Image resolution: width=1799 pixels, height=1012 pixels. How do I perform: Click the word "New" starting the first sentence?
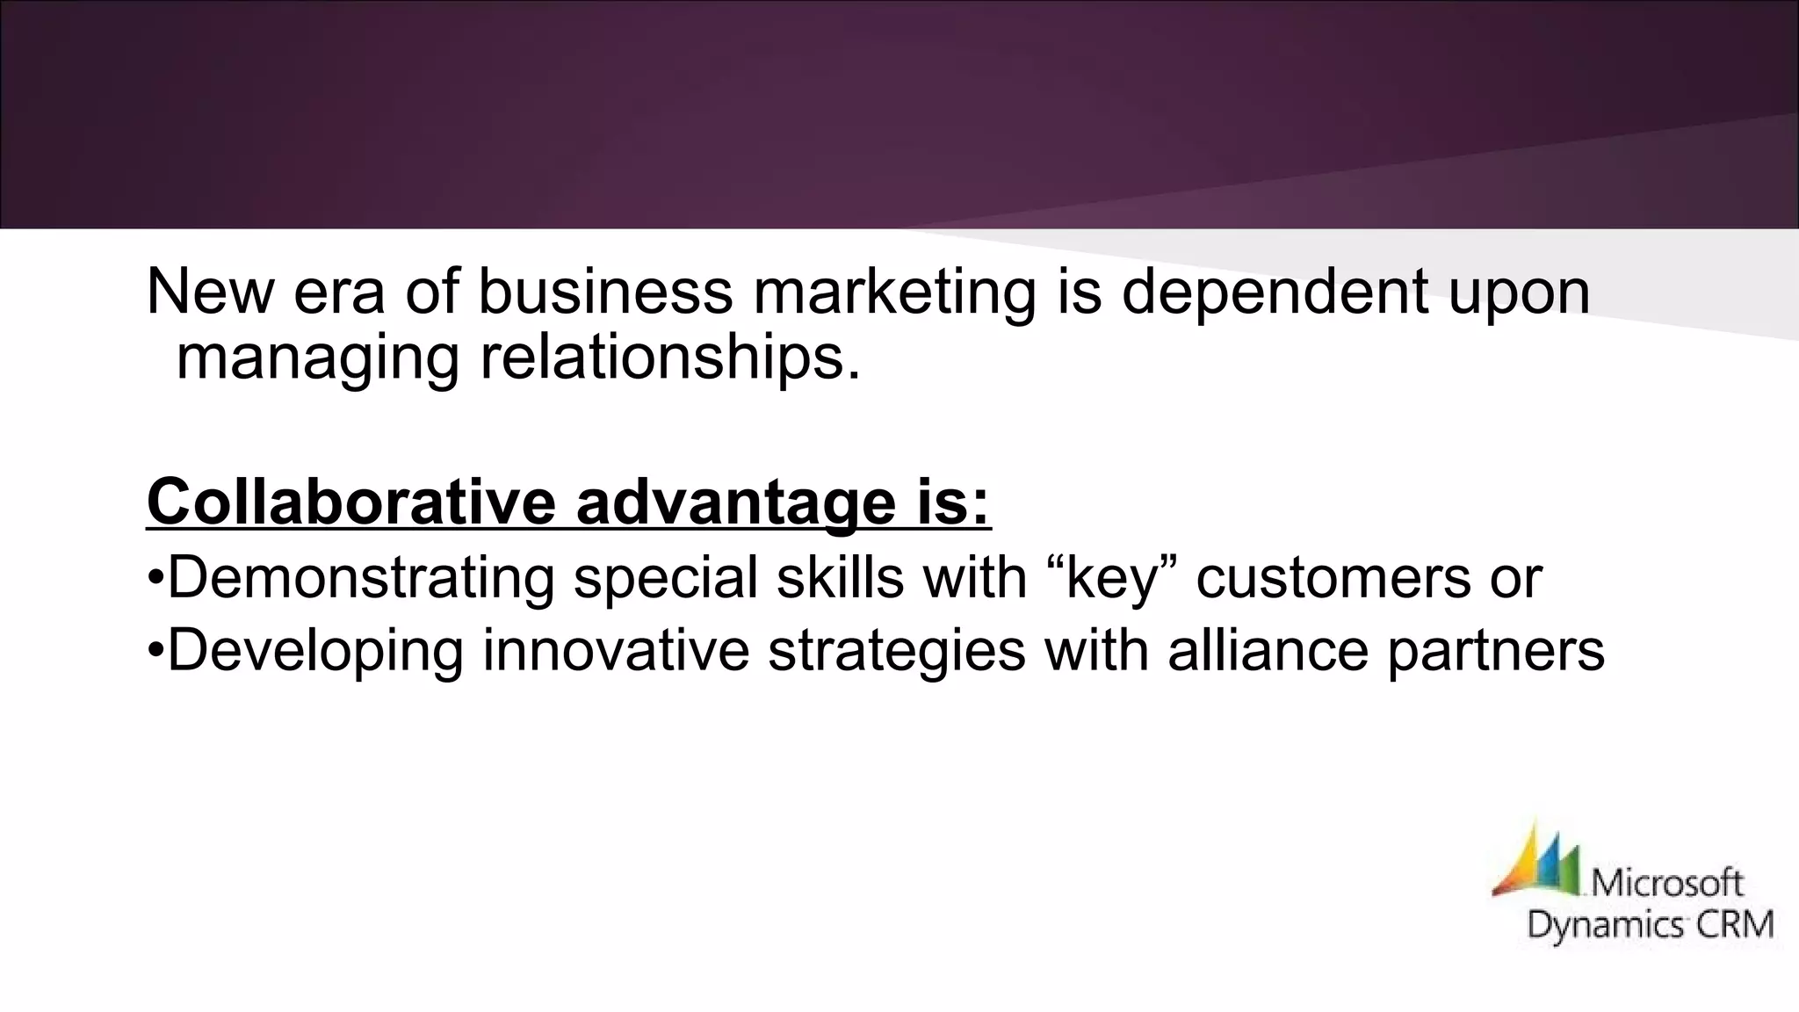tap(210, 292)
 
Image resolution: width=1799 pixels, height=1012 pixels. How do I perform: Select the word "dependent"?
tap(1275, 292)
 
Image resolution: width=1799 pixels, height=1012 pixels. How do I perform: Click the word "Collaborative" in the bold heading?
tap(351, 502)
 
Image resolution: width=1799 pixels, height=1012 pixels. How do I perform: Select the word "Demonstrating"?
tap(360, 578)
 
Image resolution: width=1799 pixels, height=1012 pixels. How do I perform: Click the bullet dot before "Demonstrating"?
tap(155, 579)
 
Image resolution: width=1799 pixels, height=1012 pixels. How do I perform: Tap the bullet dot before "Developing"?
tap(155, 651)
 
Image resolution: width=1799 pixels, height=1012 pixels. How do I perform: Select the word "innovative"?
tap(616, 651)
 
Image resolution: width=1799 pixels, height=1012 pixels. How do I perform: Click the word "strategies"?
tap(896, 653)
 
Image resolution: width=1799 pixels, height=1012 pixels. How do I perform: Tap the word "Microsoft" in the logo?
tap(1667, 881)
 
